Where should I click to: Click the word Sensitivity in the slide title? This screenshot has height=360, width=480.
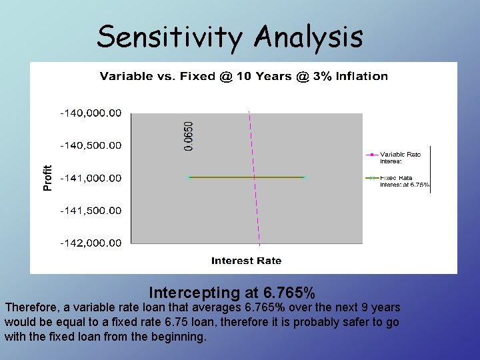tap(169, 37)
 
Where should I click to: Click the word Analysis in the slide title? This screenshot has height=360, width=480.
tap(308, 37)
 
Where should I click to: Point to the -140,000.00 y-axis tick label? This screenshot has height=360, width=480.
tap(91, 113)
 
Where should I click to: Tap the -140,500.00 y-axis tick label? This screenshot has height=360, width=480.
tap(91, 145)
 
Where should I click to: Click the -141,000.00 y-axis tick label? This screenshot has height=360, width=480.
tap(91, 178)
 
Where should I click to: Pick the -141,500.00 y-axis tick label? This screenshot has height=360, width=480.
tap(91, 211)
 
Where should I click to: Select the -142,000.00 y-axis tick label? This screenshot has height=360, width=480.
tap(91, 243)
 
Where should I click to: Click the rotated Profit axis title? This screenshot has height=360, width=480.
tap(47, 178)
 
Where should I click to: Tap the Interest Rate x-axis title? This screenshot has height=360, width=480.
tap(246, 261)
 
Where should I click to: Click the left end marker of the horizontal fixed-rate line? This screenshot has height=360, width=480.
tap(189, 177)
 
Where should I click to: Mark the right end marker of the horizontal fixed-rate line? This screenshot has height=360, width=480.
tap(303, 177)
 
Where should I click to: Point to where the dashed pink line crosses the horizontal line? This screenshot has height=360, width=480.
tap(254, 177)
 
